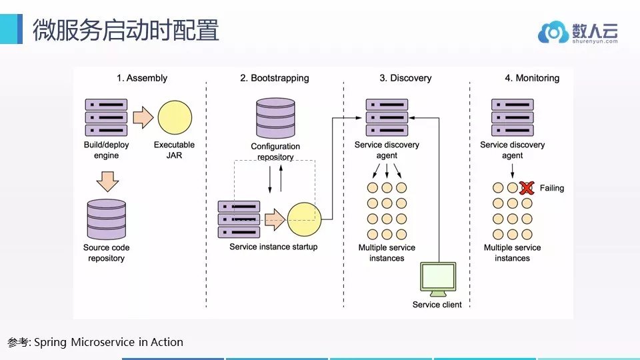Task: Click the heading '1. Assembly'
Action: point(141,78)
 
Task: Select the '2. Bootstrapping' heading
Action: point(274,78)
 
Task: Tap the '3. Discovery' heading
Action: point(405,78)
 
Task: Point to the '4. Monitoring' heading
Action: point(532,78)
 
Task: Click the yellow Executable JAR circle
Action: point(175,117)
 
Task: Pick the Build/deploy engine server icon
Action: point(106,117)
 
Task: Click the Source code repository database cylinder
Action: point(107,219)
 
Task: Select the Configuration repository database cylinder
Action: point(275,118)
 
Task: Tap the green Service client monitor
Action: point(438,279)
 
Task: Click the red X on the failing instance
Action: point(527,188)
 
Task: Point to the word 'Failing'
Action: point(552,188)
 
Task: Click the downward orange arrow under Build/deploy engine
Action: point(108,181)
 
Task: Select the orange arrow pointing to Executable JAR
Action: point(143,117)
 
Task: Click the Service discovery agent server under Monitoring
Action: point(512,117)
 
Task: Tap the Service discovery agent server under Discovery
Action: point(387,117)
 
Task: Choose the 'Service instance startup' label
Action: point(273,247)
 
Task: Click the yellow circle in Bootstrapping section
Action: point(304,219)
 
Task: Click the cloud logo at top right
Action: point(553,32)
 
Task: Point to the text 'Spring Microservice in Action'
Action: point(109,342)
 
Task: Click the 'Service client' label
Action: point(437,305)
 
